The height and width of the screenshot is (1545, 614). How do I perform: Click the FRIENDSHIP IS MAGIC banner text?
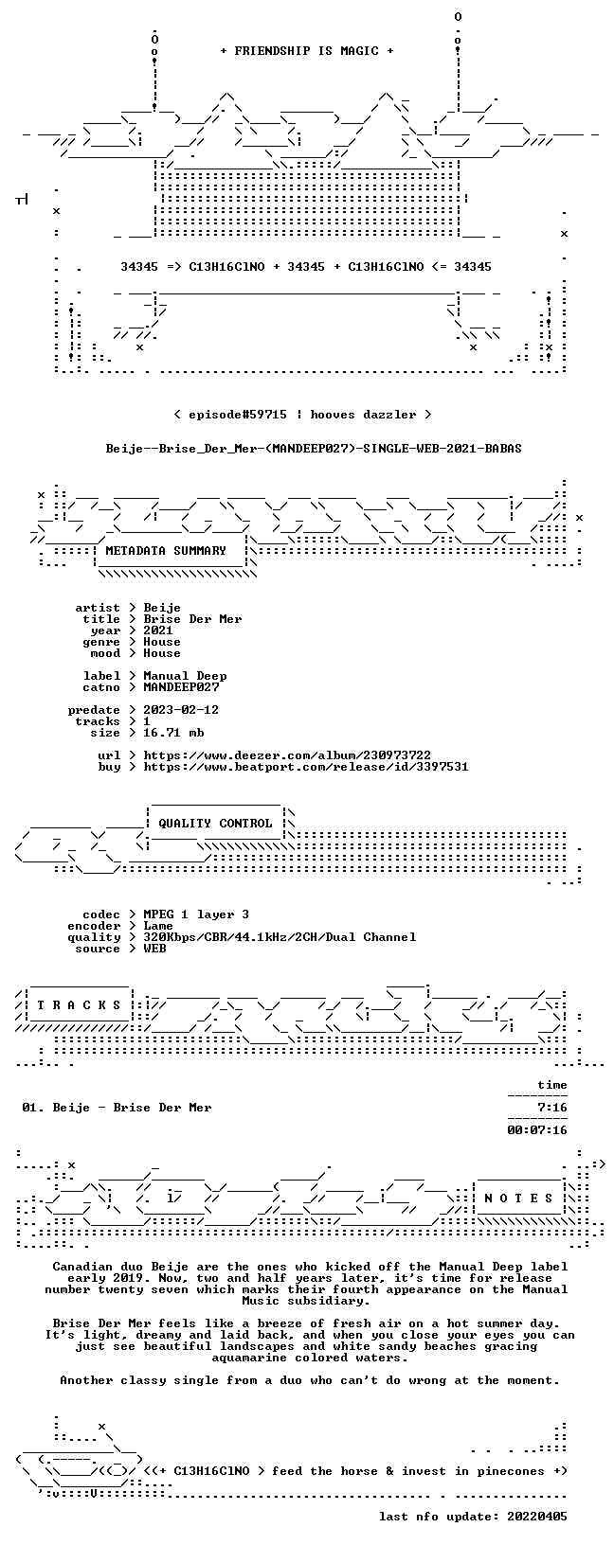pos(307,51)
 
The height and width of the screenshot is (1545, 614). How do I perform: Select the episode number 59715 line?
pos(303,415)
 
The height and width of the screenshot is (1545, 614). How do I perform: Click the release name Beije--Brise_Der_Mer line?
pos(314,449)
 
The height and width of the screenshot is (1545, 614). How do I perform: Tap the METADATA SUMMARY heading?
pos(166,550)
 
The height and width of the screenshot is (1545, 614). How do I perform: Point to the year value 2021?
pos(158,630)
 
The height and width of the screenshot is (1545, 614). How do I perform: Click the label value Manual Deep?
pos(185,676)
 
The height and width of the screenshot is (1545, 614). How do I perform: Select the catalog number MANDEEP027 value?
pos(181,687)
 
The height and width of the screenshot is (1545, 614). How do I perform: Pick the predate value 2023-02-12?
pos(181,710)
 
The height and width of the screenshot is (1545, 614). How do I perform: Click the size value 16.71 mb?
pos(173,733)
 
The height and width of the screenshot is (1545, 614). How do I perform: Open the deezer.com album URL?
pos(287,755)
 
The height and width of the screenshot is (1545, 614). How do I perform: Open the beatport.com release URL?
pos(306,766)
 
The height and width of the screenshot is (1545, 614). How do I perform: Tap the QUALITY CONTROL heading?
pos(215,823)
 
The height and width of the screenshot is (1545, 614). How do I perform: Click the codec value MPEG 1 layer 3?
pos(196,915)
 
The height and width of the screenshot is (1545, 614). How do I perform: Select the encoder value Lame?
pos(158,926)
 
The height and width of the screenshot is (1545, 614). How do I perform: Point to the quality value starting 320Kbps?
pos(280,936)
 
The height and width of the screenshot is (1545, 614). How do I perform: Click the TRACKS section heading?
pos(79,1005)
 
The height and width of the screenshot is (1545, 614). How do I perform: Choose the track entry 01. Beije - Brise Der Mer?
pos(117,1107)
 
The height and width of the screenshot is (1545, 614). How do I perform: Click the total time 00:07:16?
pos(537,1129)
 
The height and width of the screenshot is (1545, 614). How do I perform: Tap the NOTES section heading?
pos(518,1199)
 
